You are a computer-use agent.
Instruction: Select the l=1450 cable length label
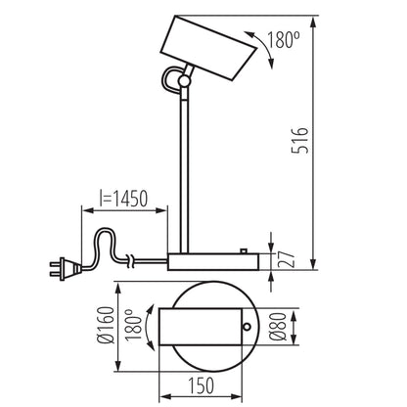coord(122,200)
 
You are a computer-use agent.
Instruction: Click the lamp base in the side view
coord(212,261)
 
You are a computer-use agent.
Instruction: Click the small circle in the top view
coord(248,327)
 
